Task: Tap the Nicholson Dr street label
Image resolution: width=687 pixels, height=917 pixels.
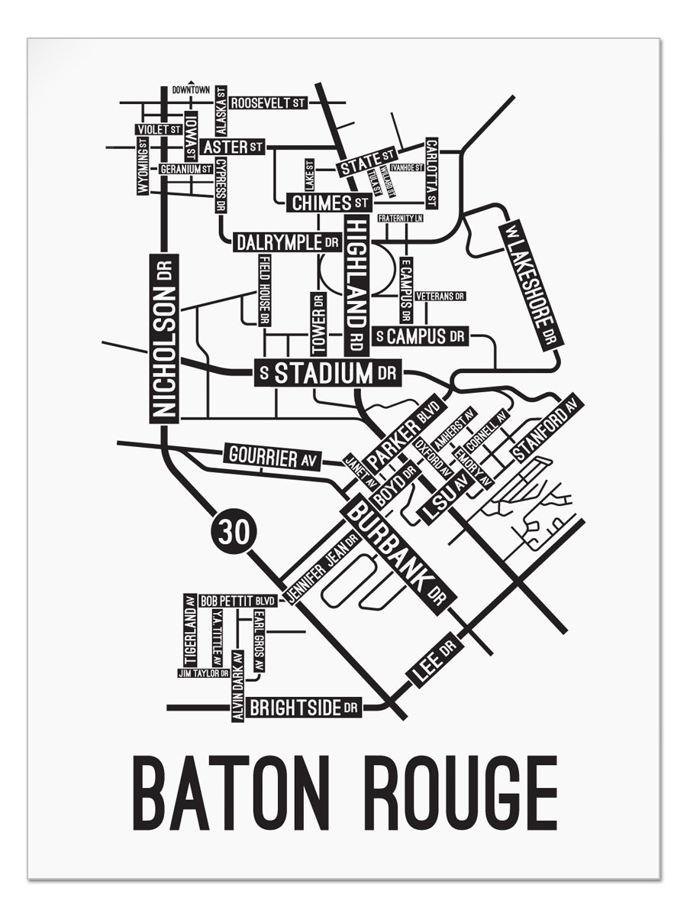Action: [x=164, y=339]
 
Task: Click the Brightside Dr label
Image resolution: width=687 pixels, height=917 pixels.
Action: [x=303, y=708]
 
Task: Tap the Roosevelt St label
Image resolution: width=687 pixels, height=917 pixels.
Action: [x=268, y=102]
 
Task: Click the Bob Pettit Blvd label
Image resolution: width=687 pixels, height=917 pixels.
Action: [x=237, y=601]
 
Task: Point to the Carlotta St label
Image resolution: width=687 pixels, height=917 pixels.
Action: [x=431, y=173]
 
